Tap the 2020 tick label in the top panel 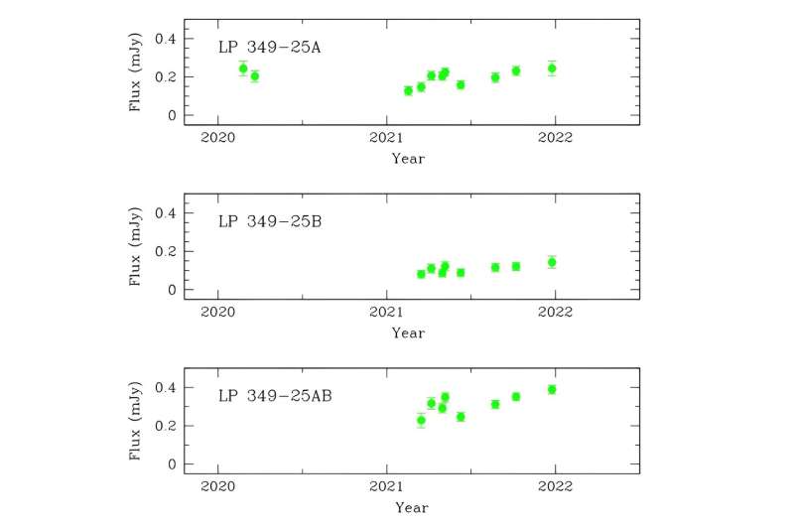point(217,137)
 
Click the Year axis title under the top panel point(408,158)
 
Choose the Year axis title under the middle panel point(408,332)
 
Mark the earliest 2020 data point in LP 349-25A point(243,68)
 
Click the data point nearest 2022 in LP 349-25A point(552,68)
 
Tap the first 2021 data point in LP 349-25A point(408,90)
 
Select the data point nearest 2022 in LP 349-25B point(552,262)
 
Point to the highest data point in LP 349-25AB point(552,389)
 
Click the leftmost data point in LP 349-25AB point(421,420)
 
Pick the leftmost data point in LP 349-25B point(421,274)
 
